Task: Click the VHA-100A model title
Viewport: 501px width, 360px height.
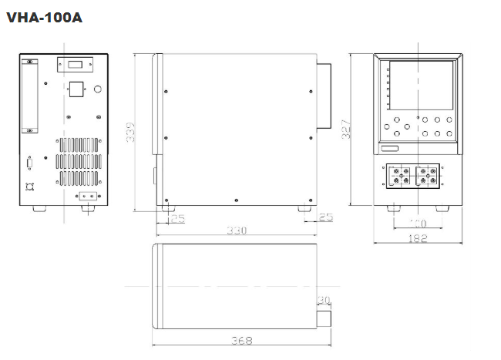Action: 44,17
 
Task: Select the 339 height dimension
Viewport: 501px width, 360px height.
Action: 132,133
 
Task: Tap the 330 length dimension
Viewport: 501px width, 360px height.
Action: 236,230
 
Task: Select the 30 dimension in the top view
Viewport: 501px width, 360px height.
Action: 324,299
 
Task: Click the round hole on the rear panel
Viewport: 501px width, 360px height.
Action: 97,89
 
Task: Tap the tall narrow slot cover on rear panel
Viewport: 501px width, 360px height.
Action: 30,96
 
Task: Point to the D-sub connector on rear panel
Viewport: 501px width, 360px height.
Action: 30,163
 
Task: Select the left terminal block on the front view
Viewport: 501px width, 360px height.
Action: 399,177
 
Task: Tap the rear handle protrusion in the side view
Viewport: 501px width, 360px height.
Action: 324,93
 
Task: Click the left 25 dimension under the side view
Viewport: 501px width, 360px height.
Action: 177,219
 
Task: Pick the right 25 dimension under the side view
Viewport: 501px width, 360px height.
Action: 325,217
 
